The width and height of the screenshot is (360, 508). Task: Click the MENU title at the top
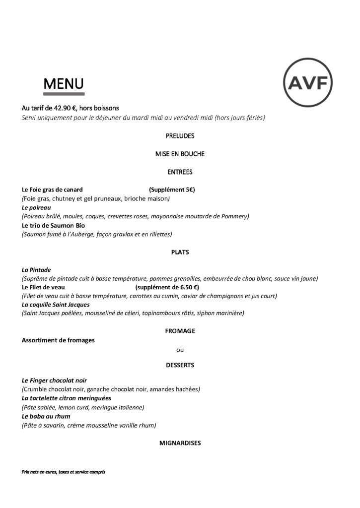coord(64,84)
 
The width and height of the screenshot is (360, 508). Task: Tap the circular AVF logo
coord(307,82)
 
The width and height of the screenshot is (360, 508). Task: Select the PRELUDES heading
coord(180,135)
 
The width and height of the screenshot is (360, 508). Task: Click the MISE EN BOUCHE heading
coord(180,154)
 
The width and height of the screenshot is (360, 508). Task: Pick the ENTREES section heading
coord(180,172)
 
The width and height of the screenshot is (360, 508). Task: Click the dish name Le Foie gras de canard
coord(52,190)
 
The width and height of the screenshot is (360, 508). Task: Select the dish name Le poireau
coord(36,208)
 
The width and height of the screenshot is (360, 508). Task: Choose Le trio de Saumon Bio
coord(53,225)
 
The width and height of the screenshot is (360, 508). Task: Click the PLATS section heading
coord(180,252)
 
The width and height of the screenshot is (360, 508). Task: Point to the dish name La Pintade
coord(36,270)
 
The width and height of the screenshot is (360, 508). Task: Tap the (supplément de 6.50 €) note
coord(167,287)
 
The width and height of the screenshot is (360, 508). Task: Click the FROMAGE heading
coord(180,331)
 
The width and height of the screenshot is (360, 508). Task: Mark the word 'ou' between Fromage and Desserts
coord(180,349)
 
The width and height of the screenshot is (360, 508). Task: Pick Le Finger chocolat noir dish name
coord(55,380)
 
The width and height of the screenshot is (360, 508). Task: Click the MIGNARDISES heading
coord(180,443)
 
